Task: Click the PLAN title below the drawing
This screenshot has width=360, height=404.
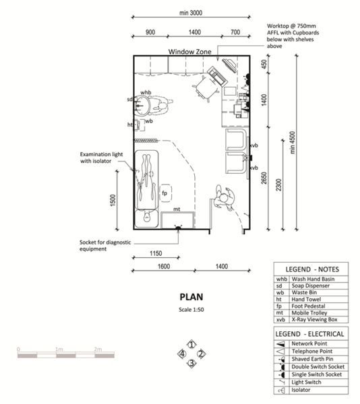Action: [x=191, y=296]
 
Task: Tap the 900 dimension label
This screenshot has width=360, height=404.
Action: [x=150, y=32]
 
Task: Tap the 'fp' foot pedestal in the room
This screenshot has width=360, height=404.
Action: [x=164, y=194]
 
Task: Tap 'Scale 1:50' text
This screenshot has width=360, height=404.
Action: [x=191, y=310]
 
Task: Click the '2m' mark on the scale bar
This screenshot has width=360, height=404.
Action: [x=97, y=349]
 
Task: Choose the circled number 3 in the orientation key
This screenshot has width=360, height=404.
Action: [x=191, y=364]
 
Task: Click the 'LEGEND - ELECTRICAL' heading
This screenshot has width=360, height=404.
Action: [x=309, y=333]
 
